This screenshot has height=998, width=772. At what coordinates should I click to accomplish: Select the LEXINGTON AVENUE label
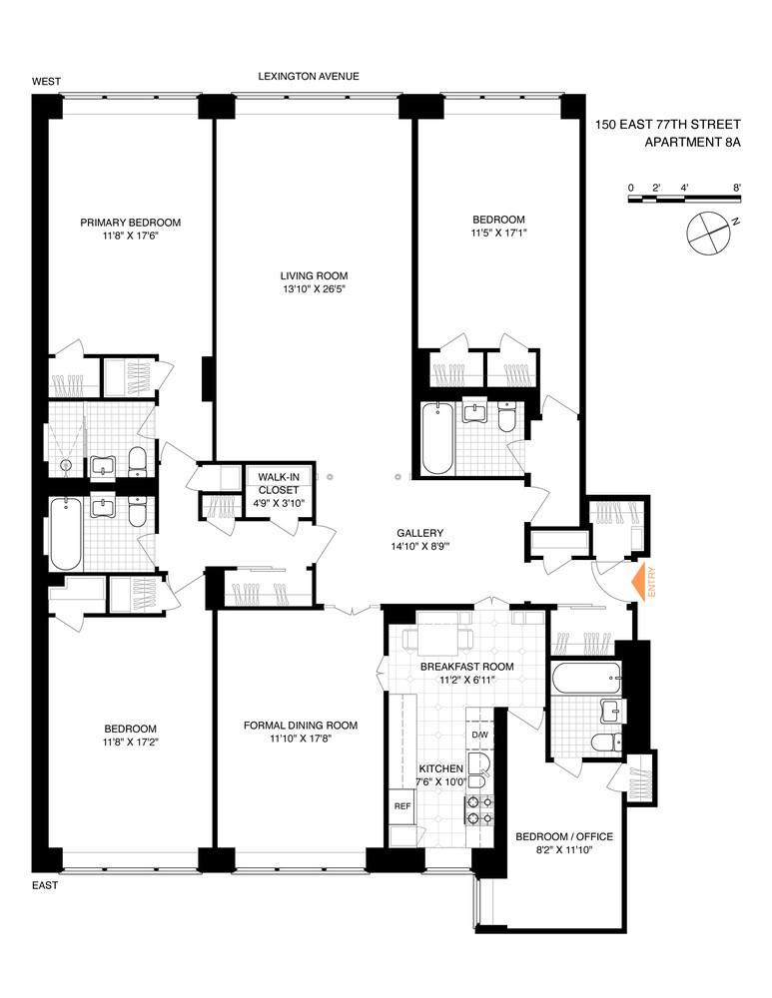[309, 76]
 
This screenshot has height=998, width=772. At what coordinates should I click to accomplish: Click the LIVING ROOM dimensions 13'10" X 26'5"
[314, 290]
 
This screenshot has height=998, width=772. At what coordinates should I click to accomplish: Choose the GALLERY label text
[418, 533]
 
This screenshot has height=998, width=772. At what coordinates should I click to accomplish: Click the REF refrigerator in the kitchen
[402, 804]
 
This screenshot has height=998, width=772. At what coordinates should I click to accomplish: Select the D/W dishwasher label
[479, 736]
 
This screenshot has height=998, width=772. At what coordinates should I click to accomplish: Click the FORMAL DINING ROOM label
[300, 726]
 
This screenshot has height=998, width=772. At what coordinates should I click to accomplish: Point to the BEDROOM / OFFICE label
[563, 836]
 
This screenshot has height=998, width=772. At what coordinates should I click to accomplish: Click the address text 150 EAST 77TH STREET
[667, 125]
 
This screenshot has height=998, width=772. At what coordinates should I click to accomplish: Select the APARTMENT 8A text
[692, 143]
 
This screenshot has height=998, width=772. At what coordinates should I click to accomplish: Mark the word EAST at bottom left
[45, 885]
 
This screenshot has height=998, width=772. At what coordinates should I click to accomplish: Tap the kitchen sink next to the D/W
[479, 767]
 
